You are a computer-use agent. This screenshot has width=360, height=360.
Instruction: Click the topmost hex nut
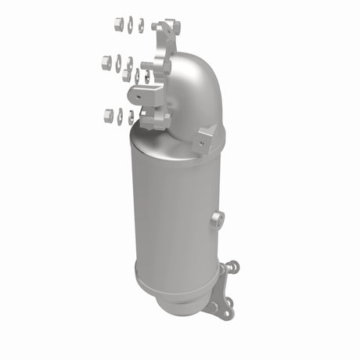119,23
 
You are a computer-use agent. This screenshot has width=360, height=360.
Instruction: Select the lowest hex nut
108,116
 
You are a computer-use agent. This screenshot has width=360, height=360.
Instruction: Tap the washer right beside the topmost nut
130,25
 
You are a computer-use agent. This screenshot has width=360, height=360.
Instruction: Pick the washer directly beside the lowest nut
120,117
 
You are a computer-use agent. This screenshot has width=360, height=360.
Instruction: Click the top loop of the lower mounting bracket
231,268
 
